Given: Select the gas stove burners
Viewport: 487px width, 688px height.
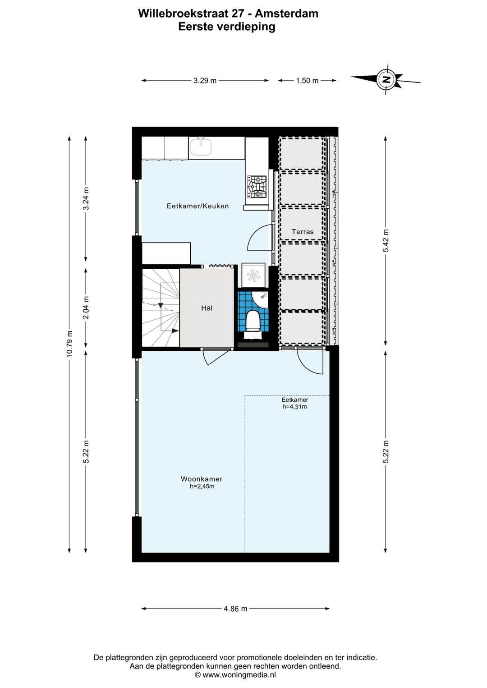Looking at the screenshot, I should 257,187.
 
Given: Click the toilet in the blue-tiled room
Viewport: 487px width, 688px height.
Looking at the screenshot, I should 253,321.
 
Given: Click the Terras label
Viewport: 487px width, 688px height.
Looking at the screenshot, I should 303,232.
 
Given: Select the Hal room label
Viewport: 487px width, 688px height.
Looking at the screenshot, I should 207,308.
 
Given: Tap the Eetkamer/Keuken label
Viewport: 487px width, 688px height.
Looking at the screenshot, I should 198,206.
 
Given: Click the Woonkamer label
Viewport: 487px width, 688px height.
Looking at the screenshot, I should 202,479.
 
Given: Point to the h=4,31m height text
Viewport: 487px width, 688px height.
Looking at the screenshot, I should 295,407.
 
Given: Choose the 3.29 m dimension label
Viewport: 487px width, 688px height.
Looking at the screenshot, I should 205,81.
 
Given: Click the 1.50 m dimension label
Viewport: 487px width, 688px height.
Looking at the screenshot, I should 307,81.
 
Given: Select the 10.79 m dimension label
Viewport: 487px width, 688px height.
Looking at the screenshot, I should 69,344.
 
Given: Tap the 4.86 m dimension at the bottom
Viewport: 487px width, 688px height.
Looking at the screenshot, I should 235,609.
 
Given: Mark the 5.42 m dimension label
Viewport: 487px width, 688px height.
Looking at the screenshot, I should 386,241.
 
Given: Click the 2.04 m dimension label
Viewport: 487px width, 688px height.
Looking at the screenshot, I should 86,307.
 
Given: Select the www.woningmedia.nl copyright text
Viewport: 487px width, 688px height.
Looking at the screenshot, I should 235,675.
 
